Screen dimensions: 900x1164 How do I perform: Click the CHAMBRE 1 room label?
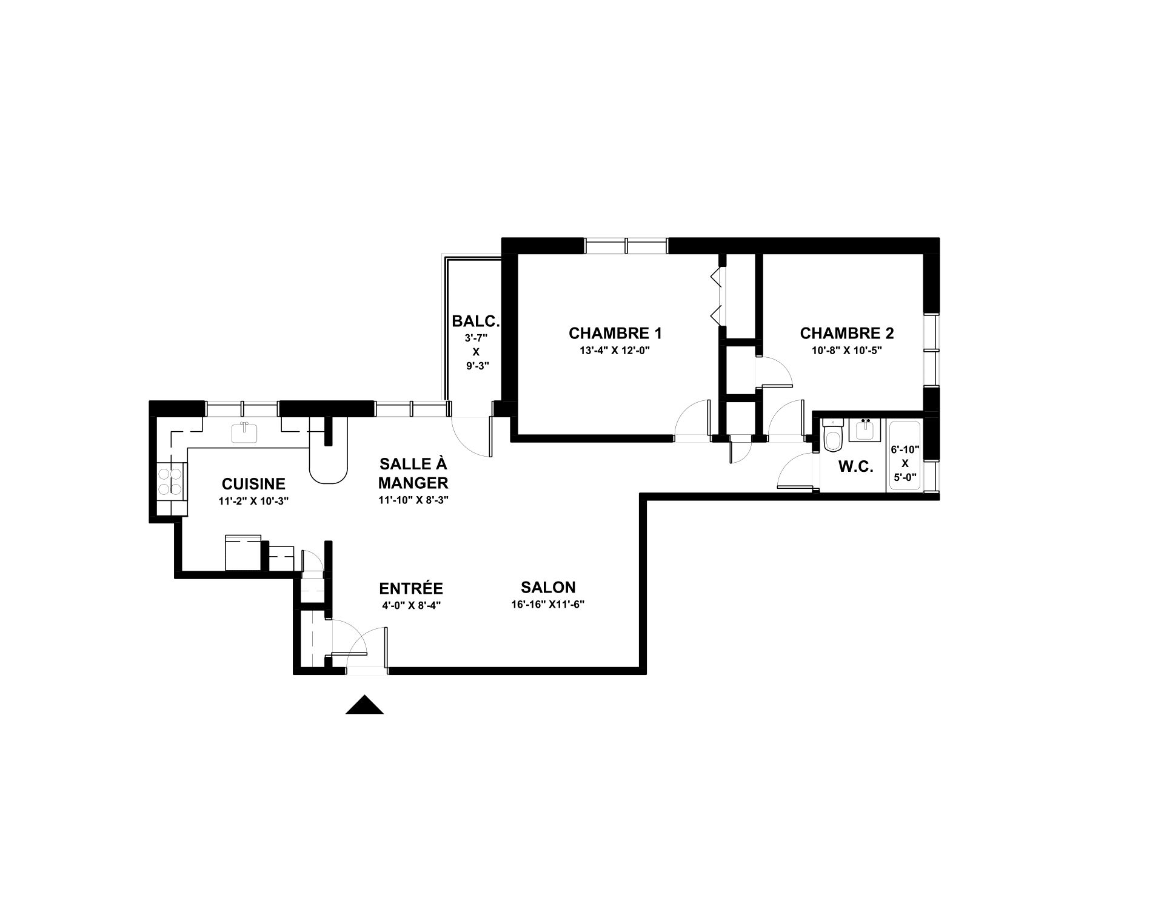[x=615, y=333]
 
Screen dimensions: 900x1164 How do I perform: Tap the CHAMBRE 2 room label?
[x=846, y=333]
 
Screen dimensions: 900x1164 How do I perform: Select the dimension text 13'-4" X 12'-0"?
[x=615, y=351]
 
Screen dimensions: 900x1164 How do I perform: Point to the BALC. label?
[x=476, y=321]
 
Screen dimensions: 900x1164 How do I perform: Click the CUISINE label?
[x=253, y=484]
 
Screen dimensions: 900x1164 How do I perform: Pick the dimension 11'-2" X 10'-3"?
[x=253, y=502]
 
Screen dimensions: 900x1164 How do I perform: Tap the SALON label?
[x=548, y=587]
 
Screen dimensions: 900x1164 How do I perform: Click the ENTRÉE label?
[x=411, y=588]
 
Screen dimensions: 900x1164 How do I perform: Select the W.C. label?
[x=855, y=467]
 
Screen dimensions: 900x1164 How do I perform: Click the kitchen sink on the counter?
[x=245, y=433]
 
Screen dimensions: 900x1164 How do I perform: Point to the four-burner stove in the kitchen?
[x=172, y=480]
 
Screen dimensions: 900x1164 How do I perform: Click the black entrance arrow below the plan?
[x=364, y=705]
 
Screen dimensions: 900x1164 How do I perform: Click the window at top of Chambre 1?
[x=626, y=245]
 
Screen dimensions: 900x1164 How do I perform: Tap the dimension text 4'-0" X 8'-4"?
[x=411, y=605]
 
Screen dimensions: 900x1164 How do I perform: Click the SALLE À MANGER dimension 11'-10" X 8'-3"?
[x=413, y=500]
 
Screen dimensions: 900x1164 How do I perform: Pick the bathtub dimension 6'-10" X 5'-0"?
[x=905, y=463]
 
